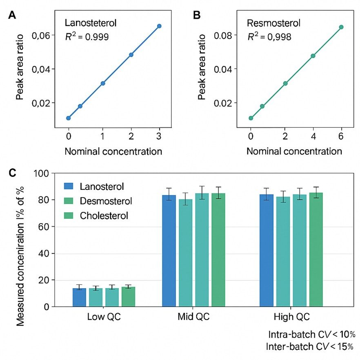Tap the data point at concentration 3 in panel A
click(159, 26)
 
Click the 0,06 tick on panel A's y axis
click(41, 36)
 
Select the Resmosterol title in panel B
click(273, 23)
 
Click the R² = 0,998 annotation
click(269, 37)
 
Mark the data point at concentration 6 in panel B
click(341, 27)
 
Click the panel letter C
click(13, 173)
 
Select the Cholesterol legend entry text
click(104, 216)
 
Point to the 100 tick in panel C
click(42, 173)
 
